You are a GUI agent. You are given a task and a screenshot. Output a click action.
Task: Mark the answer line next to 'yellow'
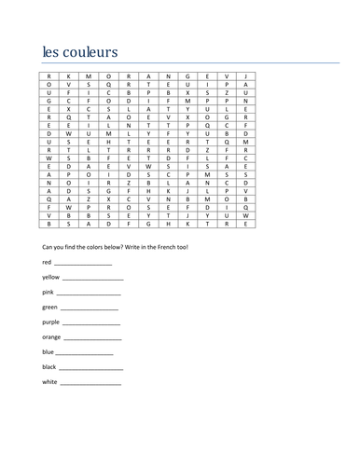pos(93,280)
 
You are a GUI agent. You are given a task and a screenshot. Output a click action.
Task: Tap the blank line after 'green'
pos(90,308)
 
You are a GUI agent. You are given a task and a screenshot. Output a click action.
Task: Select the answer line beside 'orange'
pos(94,338)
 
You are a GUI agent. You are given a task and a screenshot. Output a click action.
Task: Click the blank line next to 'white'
pos(90,383)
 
